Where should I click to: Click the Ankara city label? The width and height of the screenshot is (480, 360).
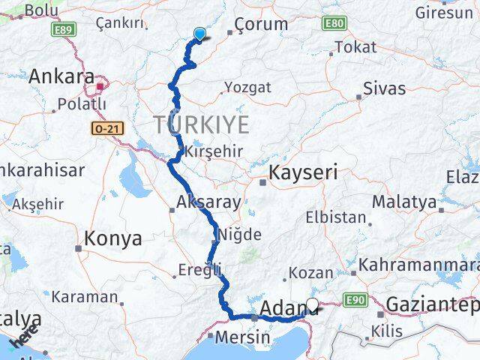(61, 77)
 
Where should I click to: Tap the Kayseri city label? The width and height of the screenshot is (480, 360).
(304, 172)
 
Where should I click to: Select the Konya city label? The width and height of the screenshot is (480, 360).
(113, 238)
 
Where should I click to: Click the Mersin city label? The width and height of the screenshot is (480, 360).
(242, 337)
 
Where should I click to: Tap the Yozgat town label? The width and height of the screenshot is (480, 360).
(247, 88)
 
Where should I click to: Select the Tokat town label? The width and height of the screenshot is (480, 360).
(355, 46)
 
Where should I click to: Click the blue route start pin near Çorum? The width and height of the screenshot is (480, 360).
(199, 34)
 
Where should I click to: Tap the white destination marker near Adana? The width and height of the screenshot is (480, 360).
(312, 305)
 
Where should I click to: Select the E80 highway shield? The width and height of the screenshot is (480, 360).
(334, 23)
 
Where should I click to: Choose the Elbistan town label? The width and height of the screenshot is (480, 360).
(335, 219)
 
